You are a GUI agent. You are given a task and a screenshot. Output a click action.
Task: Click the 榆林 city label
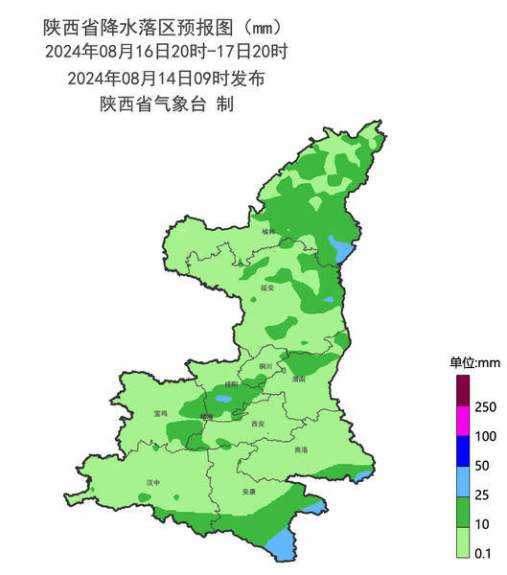pos(267,231)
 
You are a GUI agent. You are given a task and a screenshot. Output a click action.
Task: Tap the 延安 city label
pos(267,287)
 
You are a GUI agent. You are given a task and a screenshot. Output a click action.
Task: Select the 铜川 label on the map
pos(265,366)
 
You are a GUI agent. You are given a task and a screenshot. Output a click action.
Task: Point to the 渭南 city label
pos(298,379)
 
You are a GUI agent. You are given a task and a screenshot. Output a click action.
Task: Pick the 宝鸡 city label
pos(160,413)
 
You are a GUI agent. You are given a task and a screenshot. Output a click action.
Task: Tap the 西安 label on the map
pos(257,423)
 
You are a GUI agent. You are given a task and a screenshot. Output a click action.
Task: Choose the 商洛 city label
pos(301,449)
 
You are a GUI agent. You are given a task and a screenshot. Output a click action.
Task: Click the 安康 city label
pos(249,492)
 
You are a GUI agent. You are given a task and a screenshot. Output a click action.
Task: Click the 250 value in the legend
pos(486,407)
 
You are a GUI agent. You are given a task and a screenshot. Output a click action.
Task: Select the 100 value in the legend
pos(486,436)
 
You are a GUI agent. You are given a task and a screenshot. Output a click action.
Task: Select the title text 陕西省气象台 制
pos(166,103)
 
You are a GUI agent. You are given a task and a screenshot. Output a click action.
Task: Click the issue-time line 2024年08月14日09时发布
pos(166,78)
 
